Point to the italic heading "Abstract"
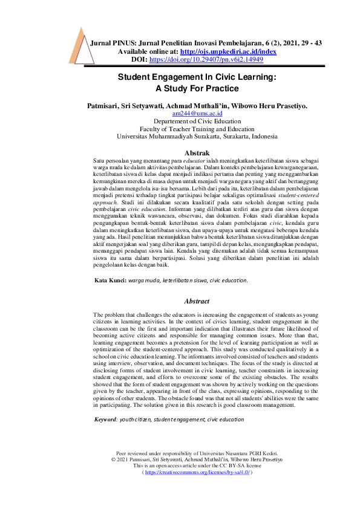click(197, 301)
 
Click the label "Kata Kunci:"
click(110, 281)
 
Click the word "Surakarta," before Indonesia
click(234, 136)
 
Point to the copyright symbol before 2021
click(115, 458)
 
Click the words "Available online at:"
click(143, 52)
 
